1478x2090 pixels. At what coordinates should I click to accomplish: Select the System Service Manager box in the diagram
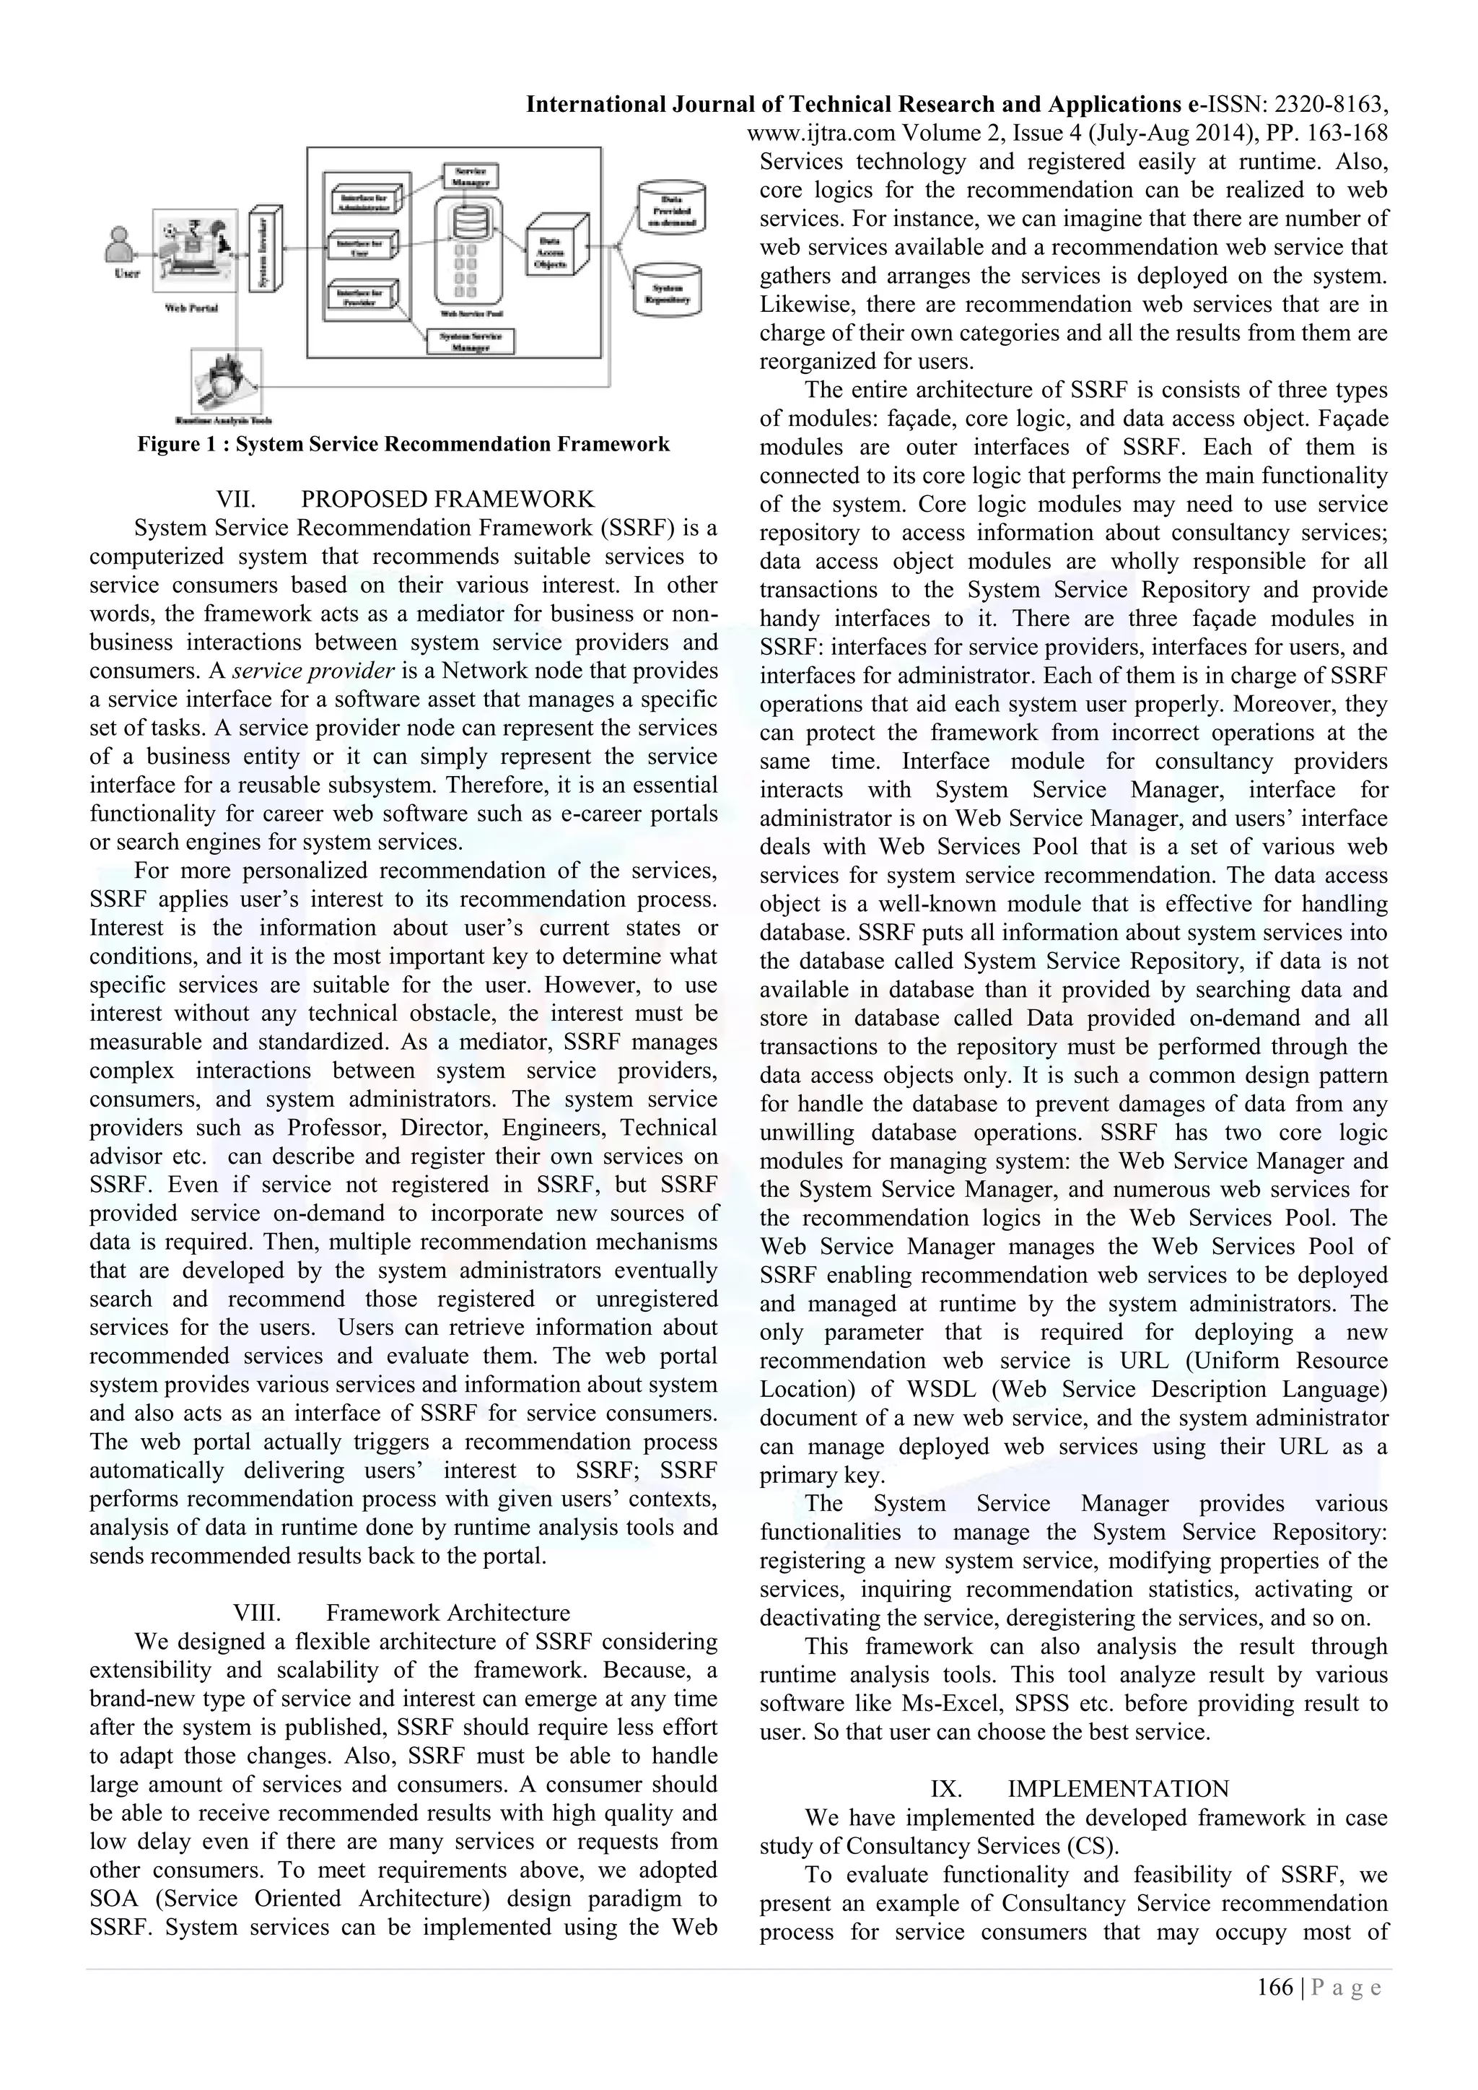click(x=471, y=341)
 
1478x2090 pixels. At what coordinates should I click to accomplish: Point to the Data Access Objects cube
click(x=551, y=249)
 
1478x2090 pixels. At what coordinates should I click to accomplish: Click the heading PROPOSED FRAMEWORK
click(x=447, y=500)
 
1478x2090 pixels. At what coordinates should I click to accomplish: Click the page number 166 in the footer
click(x=1274, y=1987)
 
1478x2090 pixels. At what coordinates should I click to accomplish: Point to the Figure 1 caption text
click(x=403, y=444)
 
